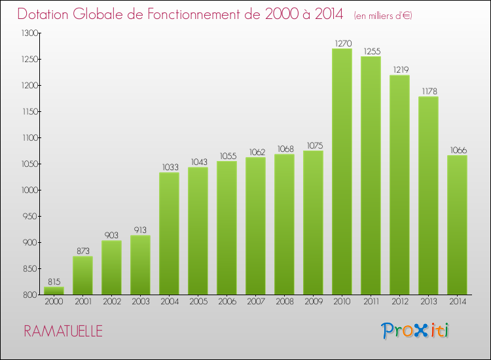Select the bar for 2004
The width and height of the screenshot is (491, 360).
coord(169,233)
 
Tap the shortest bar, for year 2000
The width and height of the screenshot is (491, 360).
coord(54,290)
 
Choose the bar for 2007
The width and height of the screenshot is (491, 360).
coord(255,226)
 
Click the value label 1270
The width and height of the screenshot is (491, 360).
coord(342,43)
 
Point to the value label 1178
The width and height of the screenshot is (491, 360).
coord(428,91)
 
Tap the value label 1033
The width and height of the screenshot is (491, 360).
coord(169,167)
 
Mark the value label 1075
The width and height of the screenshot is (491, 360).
coord(313,145)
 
